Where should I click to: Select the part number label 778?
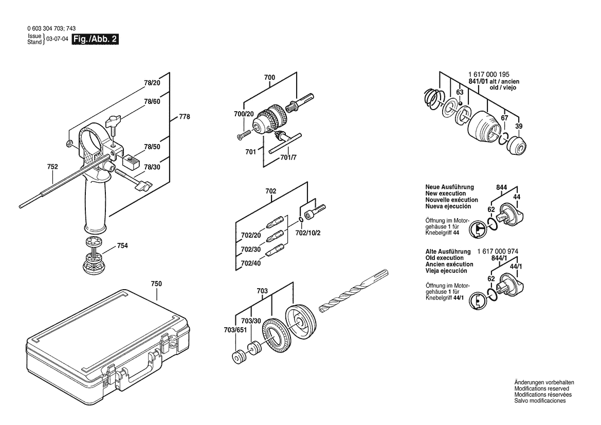point(184,117)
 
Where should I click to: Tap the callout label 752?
point(52,167)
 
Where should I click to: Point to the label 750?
point(156,284)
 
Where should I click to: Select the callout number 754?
point(122,246)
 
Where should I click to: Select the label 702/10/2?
point(308,233)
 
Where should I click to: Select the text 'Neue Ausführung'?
point(449,187)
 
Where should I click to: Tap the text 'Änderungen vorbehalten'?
point(544,382)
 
